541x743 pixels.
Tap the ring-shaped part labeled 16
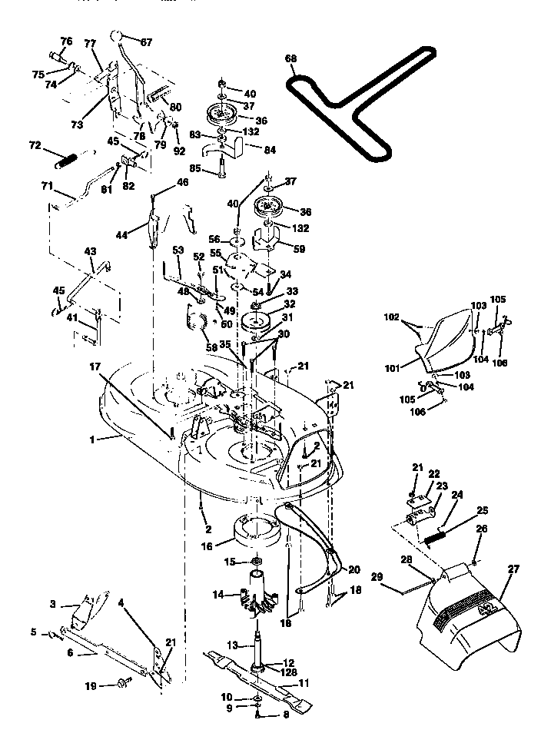pyautogui.click(x=254, y=530)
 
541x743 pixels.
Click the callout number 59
pyautogui.click(x=299, y=249)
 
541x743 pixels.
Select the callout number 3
pyautogui.click(x=53, y=605)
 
